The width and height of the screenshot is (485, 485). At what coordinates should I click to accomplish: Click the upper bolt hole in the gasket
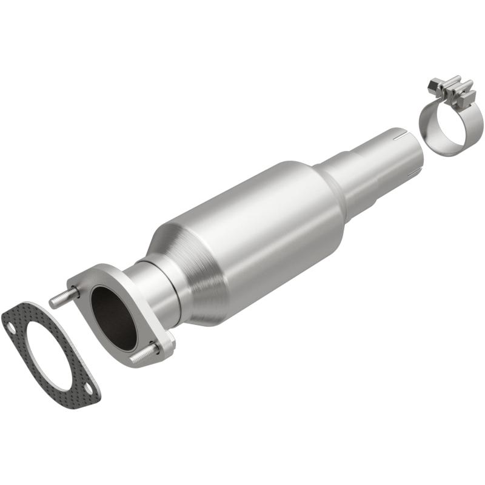click(x=12, y=328)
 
